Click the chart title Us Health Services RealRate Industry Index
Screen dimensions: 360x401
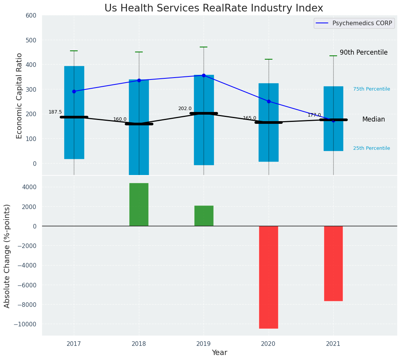pos(214,8)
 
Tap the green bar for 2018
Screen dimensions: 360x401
pos(139,204)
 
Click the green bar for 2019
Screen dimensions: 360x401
pos(204,216)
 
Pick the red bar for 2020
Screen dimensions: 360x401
pos(269,277)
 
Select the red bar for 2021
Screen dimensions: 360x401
pos(333,263)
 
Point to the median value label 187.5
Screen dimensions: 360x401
pos(55,112)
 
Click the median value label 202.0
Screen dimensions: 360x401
pos(185,109)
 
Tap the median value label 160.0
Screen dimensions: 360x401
pos(120,119)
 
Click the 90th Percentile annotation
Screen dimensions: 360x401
pos(364,52)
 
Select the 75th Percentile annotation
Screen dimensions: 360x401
pos(372,89)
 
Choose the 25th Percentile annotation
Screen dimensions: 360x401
pos(372,148)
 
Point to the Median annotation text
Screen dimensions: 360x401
pos(373,120)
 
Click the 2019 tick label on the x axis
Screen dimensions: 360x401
pos(204,344)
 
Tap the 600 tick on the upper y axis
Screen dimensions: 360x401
pos(31,16)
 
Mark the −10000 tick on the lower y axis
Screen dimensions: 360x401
pos(24,324)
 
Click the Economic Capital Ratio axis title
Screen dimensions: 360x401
pos(20,96)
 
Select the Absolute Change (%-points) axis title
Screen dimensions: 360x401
pos(7,256)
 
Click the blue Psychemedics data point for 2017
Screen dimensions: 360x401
pos(74,91)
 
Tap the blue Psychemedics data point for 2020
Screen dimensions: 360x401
pos(269,101)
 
